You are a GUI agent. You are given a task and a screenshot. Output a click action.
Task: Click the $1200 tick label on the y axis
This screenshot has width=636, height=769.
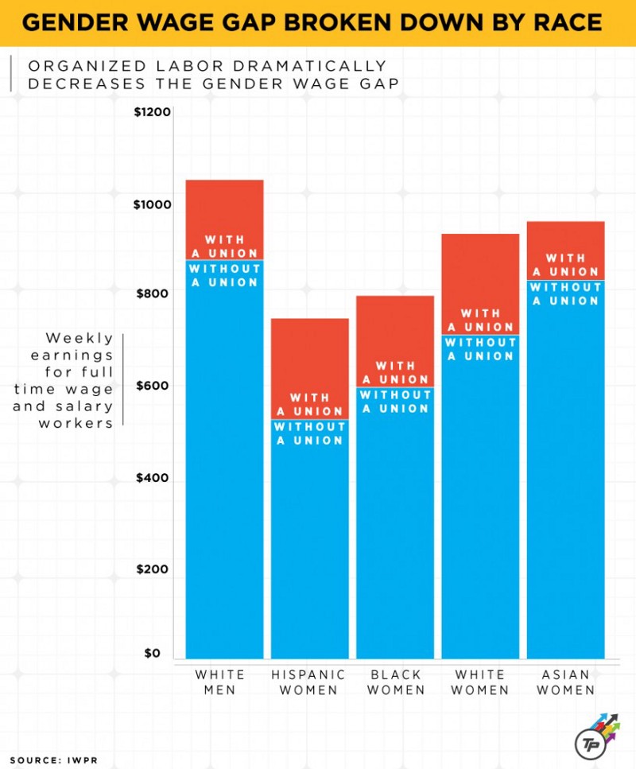[152, 112]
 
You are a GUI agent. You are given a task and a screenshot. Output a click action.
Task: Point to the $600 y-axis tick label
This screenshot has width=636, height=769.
[152, 386]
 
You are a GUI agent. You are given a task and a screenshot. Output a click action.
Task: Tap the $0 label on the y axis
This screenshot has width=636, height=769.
[152, 654]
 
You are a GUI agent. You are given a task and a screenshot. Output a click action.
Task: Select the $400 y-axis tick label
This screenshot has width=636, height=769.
[152, 479]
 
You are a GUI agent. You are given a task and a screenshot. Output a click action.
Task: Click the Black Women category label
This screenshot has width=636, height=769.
[395, 682]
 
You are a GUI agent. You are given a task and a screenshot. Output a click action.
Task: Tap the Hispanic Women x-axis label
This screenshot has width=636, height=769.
[309, 682]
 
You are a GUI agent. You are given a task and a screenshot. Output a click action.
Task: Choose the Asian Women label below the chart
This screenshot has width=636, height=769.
[565, 682]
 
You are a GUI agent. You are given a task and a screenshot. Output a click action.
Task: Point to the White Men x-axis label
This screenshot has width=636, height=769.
[219, 682]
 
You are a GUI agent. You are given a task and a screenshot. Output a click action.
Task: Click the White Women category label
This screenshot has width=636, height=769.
[480, 682]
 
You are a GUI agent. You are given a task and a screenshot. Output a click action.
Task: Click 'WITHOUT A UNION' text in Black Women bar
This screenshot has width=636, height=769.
[395, 402]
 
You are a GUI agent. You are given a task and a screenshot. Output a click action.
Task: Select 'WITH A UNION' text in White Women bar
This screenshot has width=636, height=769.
[480, 320]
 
